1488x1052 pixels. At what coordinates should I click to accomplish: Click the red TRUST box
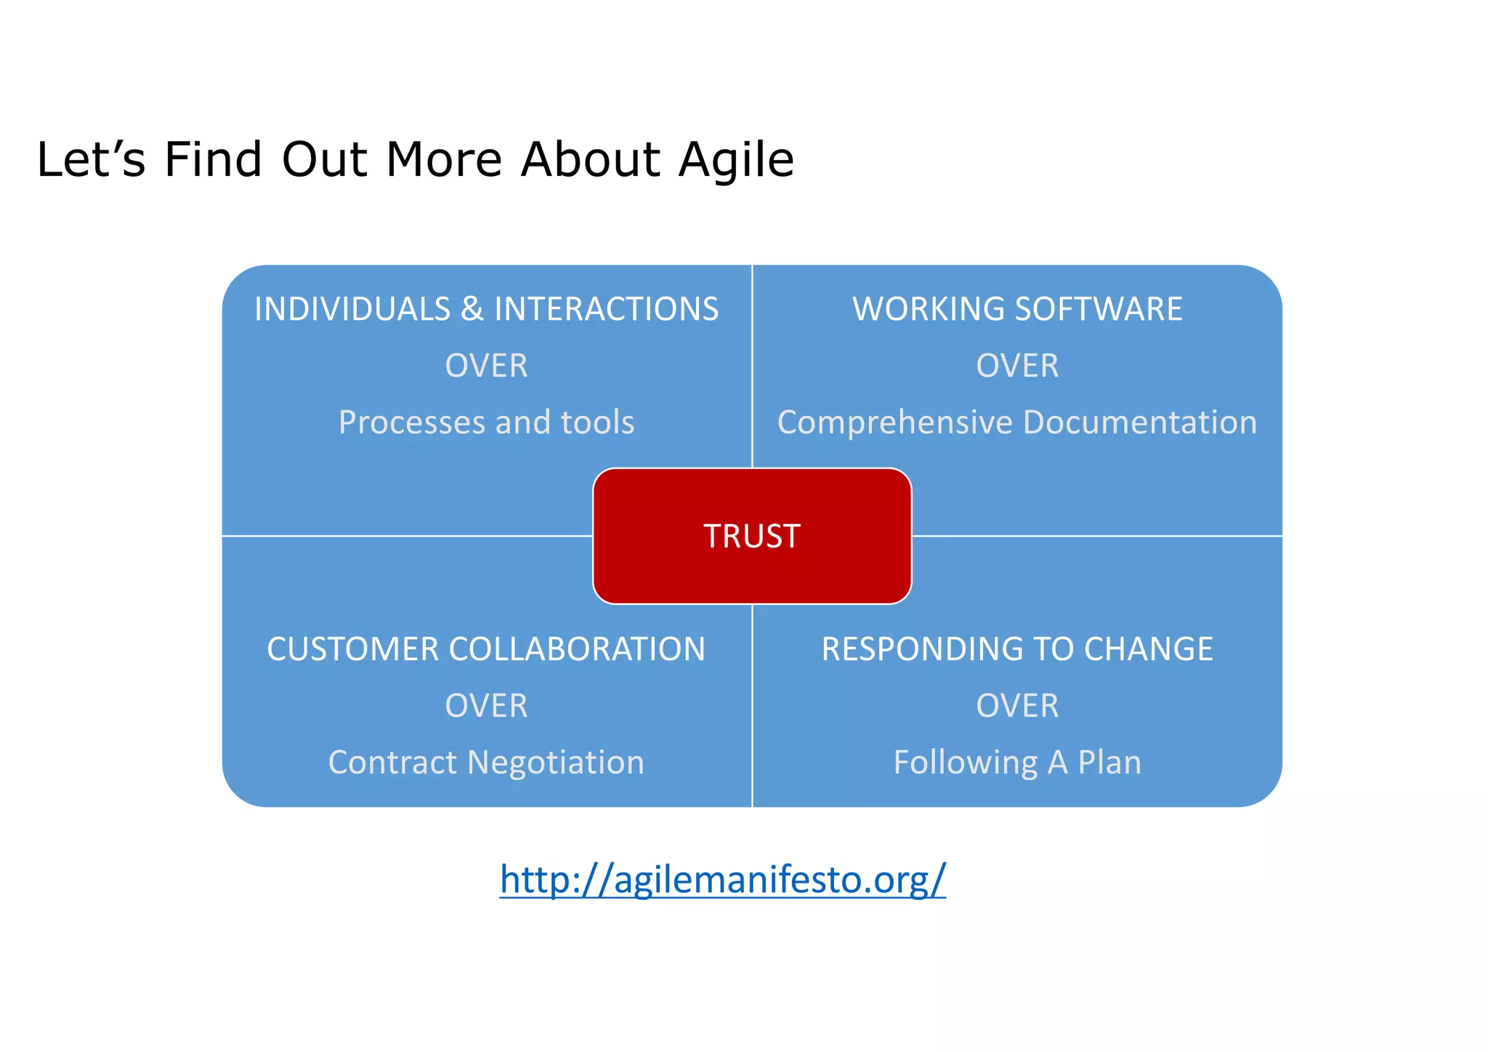(x=752, y=536)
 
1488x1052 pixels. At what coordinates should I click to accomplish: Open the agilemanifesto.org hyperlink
(x=722, y=880)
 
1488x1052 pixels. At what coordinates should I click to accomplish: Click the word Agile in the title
(x=736, y=159)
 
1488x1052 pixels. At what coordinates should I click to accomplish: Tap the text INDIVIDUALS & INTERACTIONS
(x=486, y=309)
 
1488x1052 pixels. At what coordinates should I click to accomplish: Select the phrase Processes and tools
(x=486, y=422)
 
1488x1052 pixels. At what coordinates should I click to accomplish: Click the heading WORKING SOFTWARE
(x=1017, y=309)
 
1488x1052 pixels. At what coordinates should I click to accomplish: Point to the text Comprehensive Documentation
(x=1017, y=422)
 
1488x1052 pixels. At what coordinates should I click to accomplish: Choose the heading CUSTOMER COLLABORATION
(x=486, y=649)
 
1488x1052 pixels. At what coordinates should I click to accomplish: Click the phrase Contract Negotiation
(x=486, y=763)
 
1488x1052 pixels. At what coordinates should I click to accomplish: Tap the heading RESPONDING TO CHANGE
(x=1017, y=649)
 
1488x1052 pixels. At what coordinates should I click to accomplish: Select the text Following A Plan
(x=1017, y=763)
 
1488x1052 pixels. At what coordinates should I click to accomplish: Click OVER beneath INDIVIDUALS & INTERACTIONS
(x=486, y=366)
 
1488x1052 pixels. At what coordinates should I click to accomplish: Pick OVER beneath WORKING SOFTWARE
(x=1017, y=366)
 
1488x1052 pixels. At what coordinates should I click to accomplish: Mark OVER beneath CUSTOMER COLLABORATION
(x=486, y=706)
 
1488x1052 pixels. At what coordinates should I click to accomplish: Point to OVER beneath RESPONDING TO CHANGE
(x=1017, y=706)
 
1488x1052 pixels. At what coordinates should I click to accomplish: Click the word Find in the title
(x=213, y=159)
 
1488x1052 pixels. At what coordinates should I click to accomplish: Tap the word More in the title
(x=444, y=159)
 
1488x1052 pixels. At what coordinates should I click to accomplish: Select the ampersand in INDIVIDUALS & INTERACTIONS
(x=472, y=309)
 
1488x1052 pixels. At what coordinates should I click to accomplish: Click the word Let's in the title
(x=91, y=159)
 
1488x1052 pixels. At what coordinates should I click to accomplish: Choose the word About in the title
(x=590, y=159)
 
